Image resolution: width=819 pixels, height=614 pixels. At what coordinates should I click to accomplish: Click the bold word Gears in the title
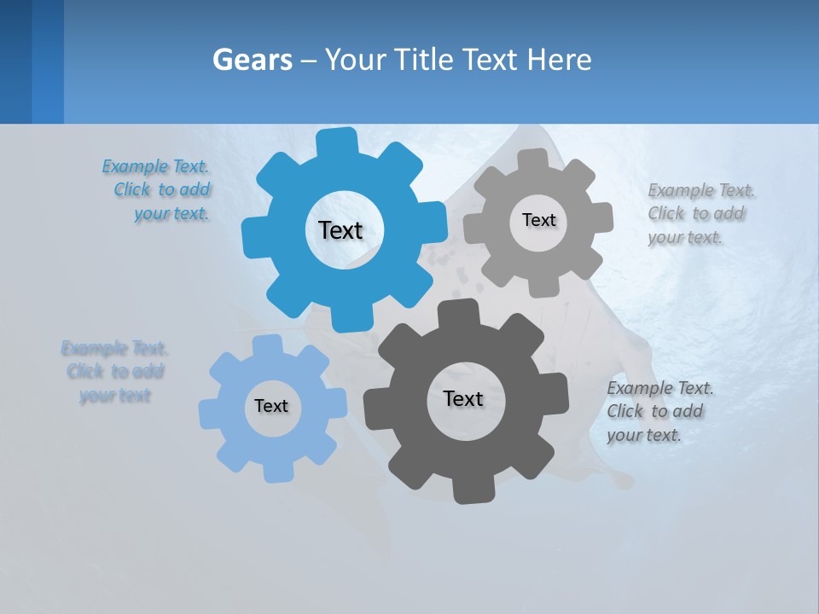click(253, 60)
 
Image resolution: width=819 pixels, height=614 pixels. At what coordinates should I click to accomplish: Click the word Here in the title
click(558, 60)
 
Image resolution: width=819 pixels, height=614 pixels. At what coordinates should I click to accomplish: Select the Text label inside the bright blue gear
click(340, 230)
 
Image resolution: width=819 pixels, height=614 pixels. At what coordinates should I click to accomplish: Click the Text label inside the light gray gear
click(538, 220)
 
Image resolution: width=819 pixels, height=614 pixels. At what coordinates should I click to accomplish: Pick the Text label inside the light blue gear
click(271, 407)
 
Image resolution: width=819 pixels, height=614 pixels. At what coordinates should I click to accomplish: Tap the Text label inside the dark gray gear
click(463, 398)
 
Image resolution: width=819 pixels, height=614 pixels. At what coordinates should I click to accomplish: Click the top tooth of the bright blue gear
click(337, 142)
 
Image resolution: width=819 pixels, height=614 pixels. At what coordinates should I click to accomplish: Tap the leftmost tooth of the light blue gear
click(209, 413)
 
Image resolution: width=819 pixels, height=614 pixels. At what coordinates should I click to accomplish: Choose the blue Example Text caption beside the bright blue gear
click(157, 190)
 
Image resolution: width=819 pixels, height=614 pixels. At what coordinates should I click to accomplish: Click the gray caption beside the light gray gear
click(700, 214)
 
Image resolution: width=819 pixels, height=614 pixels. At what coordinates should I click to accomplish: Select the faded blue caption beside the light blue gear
click(114, 372)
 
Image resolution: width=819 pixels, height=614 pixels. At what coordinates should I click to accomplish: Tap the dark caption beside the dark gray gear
click(659, 412)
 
